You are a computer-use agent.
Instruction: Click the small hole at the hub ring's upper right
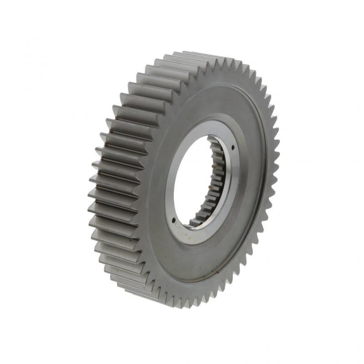233,147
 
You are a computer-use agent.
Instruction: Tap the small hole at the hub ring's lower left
174,222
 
